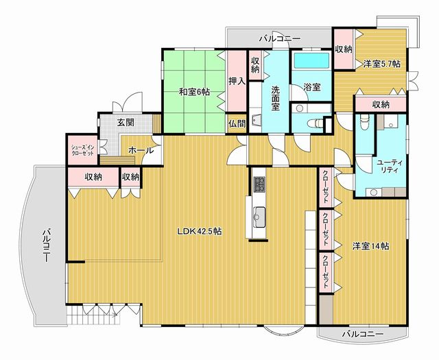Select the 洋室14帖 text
tap(371, 245)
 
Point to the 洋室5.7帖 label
tap(382, 64)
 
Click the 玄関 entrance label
tap(126, 123)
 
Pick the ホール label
tap(141, 149)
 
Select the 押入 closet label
tap(237, 81)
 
